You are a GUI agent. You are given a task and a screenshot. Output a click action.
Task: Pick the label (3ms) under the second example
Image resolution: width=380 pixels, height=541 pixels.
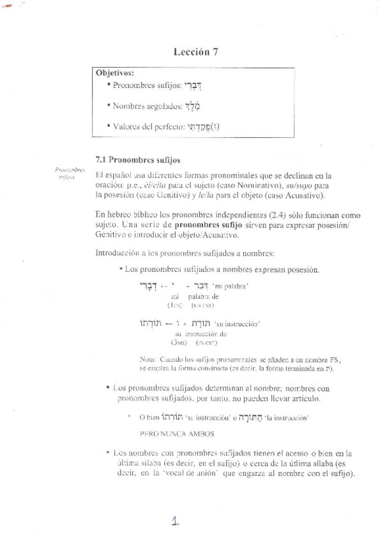180,343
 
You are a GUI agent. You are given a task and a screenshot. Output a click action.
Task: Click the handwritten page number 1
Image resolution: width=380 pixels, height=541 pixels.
174,521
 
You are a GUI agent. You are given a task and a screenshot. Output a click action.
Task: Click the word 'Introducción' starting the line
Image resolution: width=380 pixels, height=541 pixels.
117,253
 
